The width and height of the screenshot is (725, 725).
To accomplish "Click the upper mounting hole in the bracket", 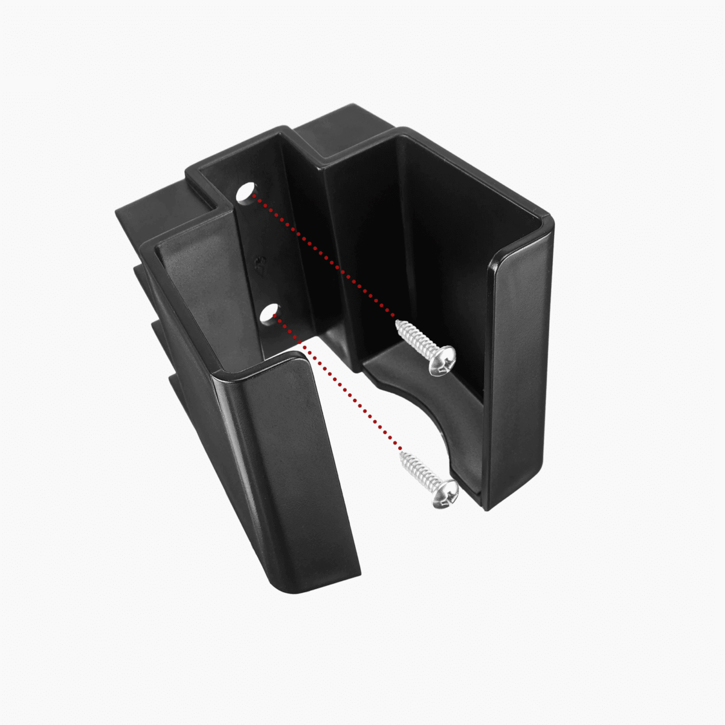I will (245, 193).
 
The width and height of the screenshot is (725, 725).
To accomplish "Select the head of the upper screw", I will (443, 361).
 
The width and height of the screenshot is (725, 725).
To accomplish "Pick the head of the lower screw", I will (446, 494).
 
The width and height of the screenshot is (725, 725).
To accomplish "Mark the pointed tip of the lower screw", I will (401, 454).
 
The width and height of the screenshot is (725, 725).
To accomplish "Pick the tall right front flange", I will (520, 375).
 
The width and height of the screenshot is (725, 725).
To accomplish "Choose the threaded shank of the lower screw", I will (420, 471).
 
